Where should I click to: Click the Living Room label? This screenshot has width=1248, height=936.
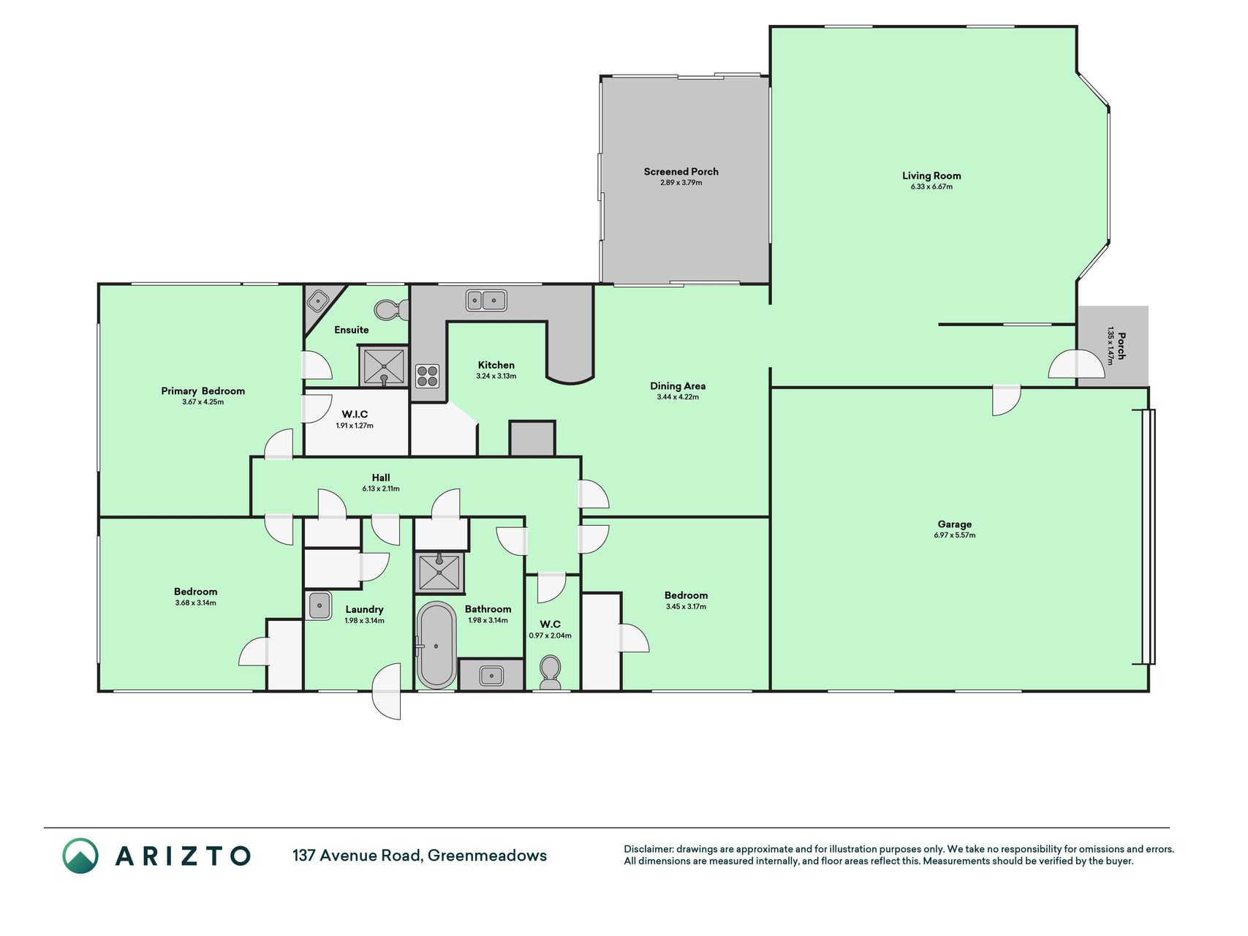931,175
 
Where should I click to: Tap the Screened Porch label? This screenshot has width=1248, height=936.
681,172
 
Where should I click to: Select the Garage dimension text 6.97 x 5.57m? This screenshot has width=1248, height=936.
954,535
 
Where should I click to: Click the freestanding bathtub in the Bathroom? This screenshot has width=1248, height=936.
436,645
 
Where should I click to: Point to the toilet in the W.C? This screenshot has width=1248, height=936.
550,671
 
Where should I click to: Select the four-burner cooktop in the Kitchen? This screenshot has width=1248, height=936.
428,376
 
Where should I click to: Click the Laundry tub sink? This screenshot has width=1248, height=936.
319,605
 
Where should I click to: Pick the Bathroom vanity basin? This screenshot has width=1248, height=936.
491,675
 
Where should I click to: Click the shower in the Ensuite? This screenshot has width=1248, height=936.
384,366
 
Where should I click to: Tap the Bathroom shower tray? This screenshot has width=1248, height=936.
439,573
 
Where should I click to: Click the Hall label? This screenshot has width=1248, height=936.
380,478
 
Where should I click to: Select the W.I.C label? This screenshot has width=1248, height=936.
355,415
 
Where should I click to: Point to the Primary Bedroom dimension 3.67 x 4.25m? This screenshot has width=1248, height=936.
203,402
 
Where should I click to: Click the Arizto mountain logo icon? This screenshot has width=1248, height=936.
80,856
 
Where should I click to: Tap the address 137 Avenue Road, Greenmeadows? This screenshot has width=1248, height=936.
420,856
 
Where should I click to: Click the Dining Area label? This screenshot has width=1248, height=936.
678,386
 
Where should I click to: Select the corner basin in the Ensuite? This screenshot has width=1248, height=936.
319,300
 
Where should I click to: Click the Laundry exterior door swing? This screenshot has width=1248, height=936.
387,692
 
